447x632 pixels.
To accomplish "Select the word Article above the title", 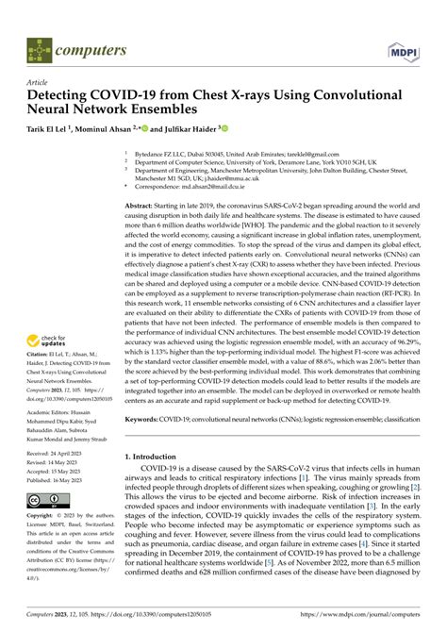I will click(x=38, y=82).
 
